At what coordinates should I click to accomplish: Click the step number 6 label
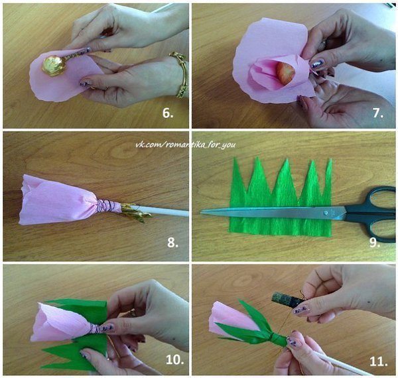tap(168, 113)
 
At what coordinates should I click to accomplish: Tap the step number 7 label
tap(378, 113)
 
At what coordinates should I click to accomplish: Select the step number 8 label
tap(172, 242)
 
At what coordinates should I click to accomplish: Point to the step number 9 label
tap(374, 242)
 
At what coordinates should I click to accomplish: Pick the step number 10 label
tap(175, 359)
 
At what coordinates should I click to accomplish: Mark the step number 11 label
tap(379, 361)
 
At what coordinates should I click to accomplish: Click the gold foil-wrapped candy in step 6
tap(54, 66)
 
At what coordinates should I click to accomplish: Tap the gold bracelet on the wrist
tap(180, 74)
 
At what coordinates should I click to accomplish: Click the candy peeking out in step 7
tap(285, 74)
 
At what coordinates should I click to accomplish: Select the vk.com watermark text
tap(186, 145)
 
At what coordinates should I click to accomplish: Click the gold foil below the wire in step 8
tap(136, 212)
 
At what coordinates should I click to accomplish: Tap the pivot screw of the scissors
tap(326, 213)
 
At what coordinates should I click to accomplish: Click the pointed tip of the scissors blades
tap(202, 212)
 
